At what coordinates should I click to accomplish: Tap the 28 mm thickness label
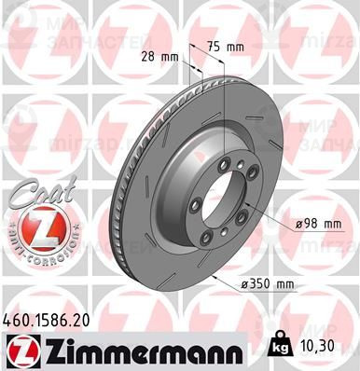[159, 57]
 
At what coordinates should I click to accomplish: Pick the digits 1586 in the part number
[50, 318]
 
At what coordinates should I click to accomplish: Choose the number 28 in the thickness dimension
[146, 57]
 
